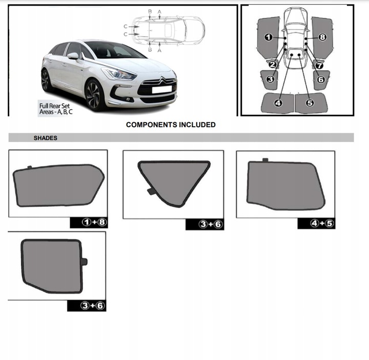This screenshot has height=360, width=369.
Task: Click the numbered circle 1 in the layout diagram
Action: coord(268,37)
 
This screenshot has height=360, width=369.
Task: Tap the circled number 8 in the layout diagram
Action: coord(322,37)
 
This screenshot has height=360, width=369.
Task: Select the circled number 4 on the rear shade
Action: coord(278,103)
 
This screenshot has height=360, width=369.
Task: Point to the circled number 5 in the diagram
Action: coord(310,103)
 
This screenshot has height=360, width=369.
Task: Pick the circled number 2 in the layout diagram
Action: coord(273,64)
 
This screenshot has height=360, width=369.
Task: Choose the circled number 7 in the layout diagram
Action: coord(319,66)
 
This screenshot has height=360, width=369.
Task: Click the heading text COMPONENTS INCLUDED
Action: coord(171,125)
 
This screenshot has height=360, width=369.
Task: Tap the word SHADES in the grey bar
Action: coord(46,138)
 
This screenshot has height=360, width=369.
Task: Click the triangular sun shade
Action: coord(174,181)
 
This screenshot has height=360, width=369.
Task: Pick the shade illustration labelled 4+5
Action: coord(285,185)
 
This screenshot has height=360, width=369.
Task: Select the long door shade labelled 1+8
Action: coord(57,185)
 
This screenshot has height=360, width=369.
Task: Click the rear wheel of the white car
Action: coord(46,80)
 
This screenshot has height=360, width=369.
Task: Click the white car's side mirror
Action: coord(73,55)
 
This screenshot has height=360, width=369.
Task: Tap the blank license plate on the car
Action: coord(162,89)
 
